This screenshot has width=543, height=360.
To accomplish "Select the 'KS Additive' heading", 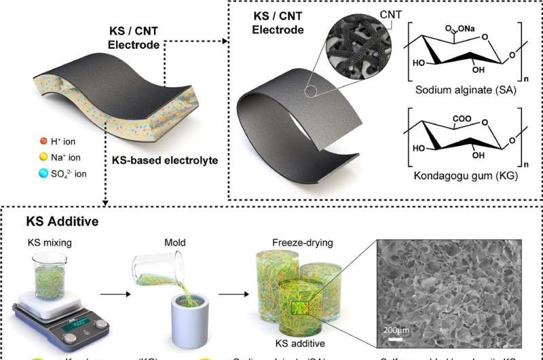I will pyautogui.click(x=54, y=221).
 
